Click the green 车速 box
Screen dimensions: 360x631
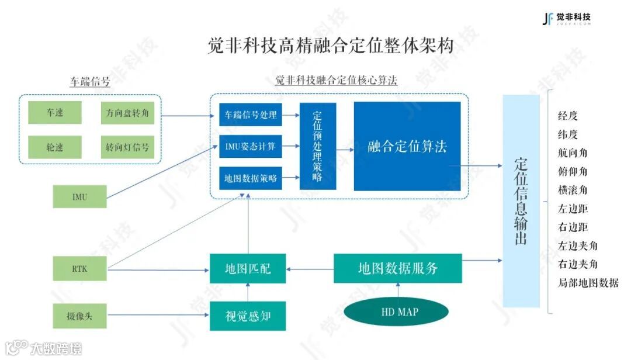click(x=55, y=113)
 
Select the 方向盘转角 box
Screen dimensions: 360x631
click(x=127, y=113)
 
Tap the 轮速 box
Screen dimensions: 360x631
click(x=55, y=147)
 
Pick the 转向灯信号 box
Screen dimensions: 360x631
click(x=127, y=147)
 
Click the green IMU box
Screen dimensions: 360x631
click(x=79, y=196)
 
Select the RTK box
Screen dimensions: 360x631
click(x=79, y=269)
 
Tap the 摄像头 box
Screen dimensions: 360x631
click(x=79, y=316)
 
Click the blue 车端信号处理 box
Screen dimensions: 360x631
click(x=251, y=115)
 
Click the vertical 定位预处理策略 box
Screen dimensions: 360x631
click(x=318, y=146)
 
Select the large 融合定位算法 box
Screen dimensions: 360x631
click(x=407, y=146)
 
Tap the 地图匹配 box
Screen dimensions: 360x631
click(x=248, y=269)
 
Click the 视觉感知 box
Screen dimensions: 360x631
click(x=248, y=316)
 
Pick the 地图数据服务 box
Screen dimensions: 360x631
click(x=398, y=268)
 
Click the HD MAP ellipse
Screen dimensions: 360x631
click(x=400, y=312)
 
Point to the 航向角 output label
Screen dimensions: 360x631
click(x=573, y=153)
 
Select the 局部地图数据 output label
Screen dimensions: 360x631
click(x=588, y=283)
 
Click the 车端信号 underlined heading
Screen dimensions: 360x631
click(x=90, y=81)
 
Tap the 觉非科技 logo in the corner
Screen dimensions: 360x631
click(x=566, y=19)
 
